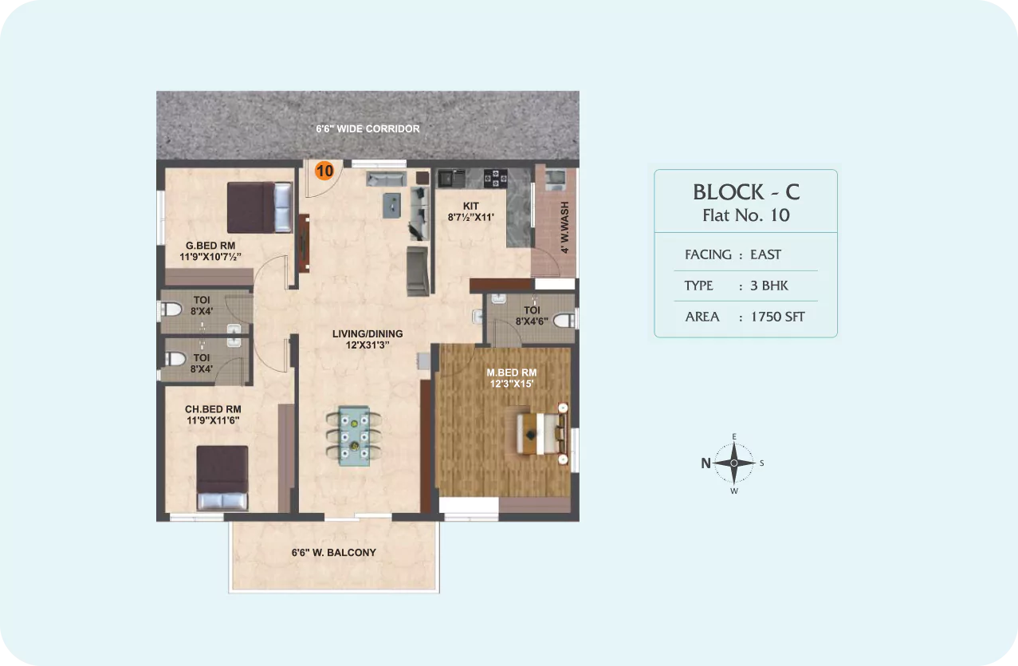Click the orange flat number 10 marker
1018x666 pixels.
click(324, 171)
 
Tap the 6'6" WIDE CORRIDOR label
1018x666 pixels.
click(368, 128)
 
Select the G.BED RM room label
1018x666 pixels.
click(210, 246)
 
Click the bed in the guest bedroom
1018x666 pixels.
click(260, 207)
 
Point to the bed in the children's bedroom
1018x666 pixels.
click(222, 478)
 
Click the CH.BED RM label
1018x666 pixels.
click(213, 409)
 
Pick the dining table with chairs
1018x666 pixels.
click(354, 436)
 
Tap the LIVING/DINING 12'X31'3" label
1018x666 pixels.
click(368, 339)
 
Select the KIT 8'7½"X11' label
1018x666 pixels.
click(471, 211)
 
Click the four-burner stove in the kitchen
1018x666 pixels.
click(495, 178)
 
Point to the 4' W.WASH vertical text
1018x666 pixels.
click(564, 227)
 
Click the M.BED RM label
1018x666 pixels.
click(511, 372)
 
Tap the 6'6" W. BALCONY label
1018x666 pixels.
click(333, 553)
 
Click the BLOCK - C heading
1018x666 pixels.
click(746, 192)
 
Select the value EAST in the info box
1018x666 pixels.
click(765, 254)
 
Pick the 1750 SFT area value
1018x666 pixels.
click(777, 317)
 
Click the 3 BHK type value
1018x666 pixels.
click(769, 286)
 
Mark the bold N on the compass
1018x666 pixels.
click(706, 463)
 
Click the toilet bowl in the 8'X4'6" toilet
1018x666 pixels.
click(564, 321)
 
